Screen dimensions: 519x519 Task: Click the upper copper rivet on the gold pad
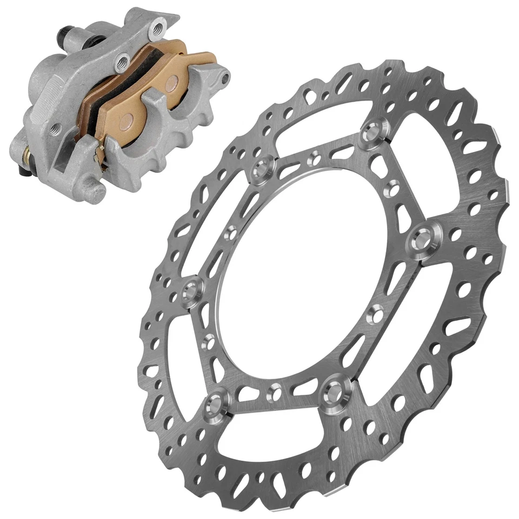(x=171, y=83)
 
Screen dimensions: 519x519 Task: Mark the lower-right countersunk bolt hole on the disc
(x=334, y=392)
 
